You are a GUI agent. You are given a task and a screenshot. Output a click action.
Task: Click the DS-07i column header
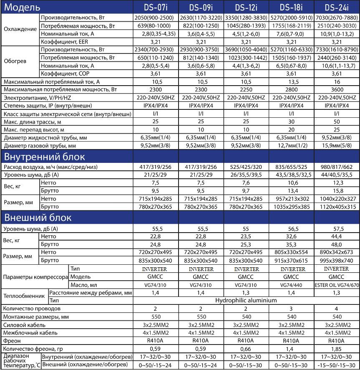coord(155,7)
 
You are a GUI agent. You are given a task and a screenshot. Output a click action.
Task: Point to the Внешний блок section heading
coord(38,218)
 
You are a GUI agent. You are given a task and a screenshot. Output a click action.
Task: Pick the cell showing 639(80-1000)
coord(155,26)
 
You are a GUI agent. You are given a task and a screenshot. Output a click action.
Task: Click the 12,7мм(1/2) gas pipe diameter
coord(292,146)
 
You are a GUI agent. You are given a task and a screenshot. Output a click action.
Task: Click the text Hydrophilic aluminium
coord(246,300)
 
